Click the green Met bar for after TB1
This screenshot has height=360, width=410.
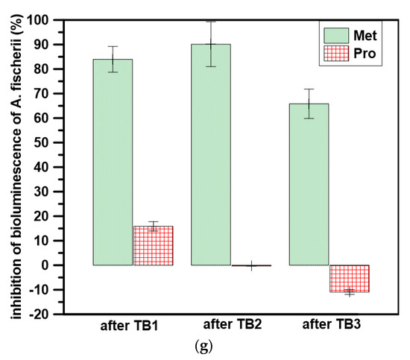[x=113, y=162]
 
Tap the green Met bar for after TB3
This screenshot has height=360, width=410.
[x=309, y=184]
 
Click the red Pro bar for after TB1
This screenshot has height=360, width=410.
[x=152, y=245]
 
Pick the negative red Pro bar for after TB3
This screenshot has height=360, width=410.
[x=349, y=278]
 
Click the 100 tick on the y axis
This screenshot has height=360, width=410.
[x=49, y=20]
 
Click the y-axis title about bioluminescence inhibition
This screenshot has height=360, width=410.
[x=14, y=166]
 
